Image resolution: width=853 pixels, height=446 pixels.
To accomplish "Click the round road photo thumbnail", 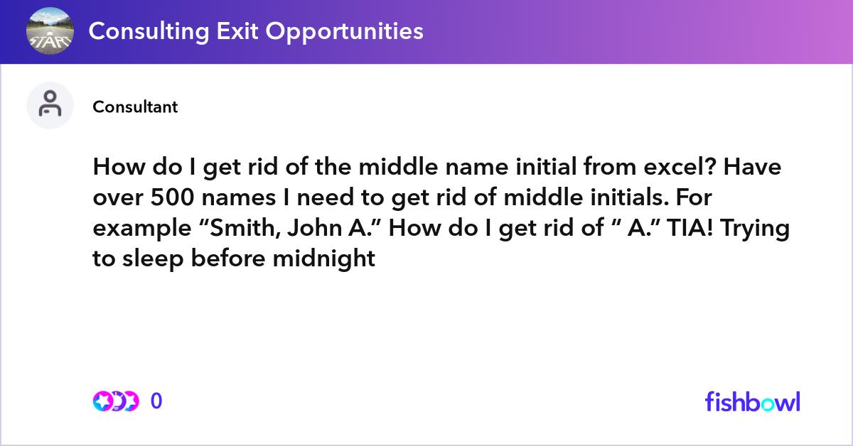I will tap(49, 31).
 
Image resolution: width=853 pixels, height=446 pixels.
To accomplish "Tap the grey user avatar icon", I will tap(50, 105).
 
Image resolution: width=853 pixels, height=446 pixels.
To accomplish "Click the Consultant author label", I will tap(135, 107).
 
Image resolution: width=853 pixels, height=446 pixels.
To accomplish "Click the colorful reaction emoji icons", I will tap(116, 401).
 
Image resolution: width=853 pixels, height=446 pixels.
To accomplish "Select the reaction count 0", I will tap(156, 401).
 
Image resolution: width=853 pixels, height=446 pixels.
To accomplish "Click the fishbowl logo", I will tap(752, 401).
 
